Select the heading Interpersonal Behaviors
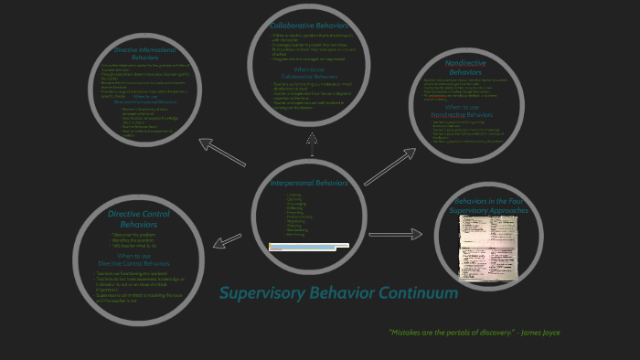pos(310,183)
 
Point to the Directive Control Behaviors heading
pos(139,218)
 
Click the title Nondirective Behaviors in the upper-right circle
pos(465,67)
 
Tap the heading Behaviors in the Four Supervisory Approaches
pos(489,205)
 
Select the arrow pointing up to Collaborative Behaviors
pos(312,143)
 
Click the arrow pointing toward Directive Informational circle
pos(221,151)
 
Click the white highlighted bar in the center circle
pos(308,245)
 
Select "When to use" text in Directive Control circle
pos(139,256)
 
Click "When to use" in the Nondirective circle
pos(466,108)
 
